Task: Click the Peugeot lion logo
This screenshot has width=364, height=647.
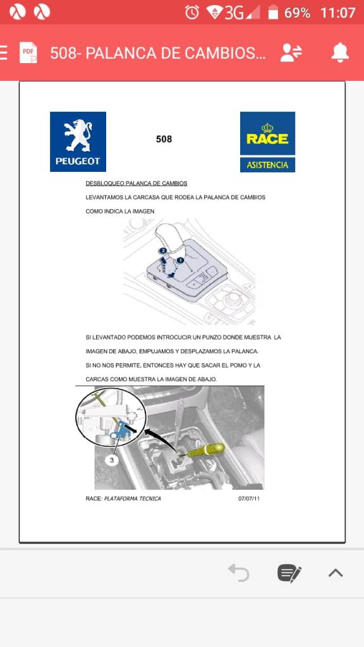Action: tap(78, 142)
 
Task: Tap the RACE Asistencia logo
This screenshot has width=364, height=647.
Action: tap(267, 142)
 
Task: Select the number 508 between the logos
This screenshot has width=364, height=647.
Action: tap(164, 140)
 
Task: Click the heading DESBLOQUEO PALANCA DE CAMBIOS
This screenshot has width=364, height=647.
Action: tap(136, 183)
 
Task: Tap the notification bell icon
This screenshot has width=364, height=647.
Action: tap(340, 53)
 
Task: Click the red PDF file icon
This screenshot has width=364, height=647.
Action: tap(28, 53)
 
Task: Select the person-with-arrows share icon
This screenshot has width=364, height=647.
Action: tap(291, 53)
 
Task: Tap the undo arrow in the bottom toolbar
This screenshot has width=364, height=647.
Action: tap(239, 572)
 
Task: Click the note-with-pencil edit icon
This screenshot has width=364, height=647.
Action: tap(289, 573)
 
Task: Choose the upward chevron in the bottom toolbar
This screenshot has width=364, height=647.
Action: tap(336, 572)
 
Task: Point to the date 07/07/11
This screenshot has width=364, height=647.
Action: tap(249, 499)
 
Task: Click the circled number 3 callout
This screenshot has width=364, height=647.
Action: tap(111, 460)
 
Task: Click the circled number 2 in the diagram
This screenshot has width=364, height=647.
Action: tap(164, 250)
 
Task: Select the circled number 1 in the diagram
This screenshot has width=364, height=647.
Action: tap(180, 260)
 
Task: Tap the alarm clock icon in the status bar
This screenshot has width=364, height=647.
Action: tap(192, 13)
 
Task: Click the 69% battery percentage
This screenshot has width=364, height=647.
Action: tap(297, 13)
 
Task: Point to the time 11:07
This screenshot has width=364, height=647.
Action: tap(337, 13)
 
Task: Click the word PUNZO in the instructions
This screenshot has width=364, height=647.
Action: tap(210, 337)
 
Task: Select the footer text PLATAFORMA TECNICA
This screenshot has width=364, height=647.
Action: tap(133, 499)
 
